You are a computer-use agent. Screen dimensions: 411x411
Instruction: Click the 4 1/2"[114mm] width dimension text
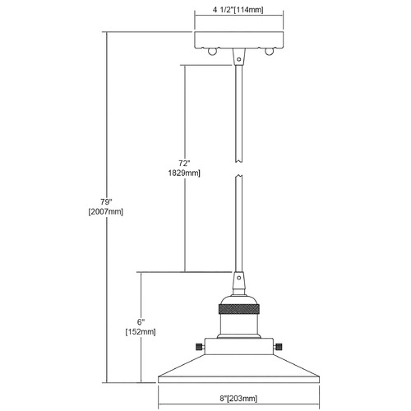(x=238, y=10)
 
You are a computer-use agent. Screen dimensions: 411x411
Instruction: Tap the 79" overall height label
(x=106, y=202)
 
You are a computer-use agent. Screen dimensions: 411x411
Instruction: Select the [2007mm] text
(x=106, y=212)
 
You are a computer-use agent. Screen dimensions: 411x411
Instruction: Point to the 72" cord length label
(x=184, y=164)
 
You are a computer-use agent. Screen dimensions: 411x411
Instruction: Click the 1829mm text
(x=184, y=173)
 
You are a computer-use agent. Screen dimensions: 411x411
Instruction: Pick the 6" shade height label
(x=141, y=322)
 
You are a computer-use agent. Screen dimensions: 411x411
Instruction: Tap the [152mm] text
(x=141, y=332)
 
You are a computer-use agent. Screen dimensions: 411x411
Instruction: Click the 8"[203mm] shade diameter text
(x=238, y=399)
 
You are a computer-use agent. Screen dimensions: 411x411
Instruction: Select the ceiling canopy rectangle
(x=238, y=40)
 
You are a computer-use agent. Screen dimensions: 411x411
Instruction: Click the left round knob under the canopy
(x=212, y=52)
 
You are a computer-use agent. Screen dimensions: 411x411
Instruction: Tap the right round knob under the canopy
(x=269, y=52)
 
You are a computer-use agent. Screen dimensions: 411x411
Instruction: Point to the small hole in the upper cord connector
(x=239, y=59)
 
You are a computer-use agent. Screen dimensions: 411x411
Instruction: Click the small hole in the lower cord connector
(x=239, y=278)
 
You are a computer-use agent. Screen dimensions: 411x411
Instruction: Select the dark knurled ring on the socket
(x=238, y=309)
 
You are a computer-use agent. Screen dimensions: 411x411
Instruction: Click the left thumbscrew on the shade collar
(x=201, y=347)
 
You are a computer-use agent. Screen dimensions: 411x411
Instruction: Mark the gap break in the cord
(x=239, y=169)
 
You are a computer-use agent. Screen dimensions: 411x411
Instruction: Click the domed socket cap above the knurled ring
(x=238, y=299)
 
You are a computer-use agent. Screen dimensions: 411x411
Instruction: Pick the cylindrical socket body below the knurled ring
(x=238, y=326)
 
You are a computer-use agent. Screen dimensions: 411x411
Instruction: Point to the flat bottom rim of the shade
(x=239, y=380)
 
